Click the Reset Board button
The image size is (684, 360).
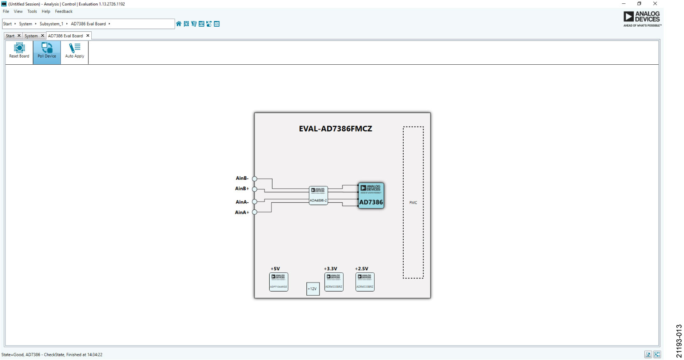click(x=19, y=50)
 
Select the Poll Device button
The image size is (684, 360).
click(x=47, y=50)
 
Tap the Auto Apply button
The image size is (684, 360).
click(x=74, y=50)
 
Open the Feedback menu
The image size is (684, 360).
click(x=63, y=11)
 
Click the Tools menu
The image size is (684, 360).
click(x=32, y=11)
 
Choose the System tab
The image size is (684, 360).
click(x=31, y=36)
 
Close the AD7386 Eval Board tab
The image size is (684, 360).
click(x=88, y=36)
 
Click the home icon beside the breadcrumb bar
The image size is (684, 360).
click(x=179, y=24)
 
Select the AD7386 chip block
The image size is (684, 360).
click(x=371, y=195)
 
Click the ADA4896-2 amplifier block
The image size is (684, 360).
click(x=318, y=195)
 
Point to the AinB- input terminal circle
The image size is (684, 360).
click(x=254, y=179)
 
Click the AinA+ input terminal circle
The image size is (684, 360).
click(x=254, y=212)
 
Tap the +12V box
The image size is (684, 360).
click(x=312, y=289)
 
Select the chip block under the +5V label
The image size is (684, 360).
click(x=279, y=282)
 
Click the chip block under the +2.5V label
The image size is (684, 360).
click(x=365, y=282)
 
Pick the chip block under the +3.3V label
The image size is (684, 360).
click(x=334, y=282)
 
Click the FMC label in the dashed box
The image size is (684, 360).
click(x=413, y=203)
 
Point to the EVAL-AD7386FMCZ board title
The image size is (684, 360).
click(x=335, y=129)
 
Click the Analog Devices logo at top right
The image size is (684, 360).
click(x=642, y=19)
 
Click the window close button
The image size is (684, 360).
click(x=655, y=4)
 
